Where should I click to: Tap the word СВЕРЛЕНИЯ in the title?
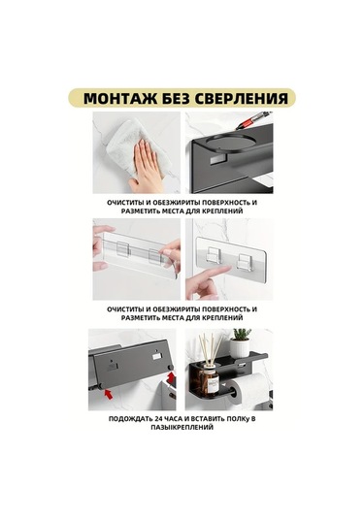click(x=240, y=98)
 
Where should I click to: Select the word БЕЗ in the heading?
click(x=175, y=98)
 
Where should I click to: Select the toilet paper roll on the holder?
click(x=250, y=393)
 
